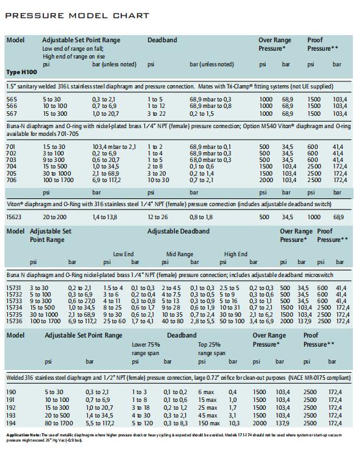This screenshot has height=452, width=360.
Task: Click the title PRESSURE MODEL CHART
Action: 77,16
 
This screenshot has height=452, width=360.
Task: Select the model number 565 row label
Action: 12,100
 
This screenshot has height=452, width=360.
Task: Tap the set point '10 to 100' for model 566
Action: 55,106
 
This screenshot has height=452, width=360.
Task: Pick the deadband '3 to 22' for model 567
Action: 157,114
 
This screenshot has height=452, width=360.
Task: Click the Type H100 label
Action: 21,72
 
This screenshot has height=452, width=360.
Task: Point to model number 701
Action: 11,147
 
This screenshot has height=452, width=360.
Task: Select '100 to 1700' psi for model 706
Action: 58,180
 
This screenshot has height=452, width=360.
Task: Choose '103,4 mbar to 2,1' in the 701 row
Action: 114,147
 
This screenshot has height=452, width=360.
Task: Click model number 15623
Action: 14,217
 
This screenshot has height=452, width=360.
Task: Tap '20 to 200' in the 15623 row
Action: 55,217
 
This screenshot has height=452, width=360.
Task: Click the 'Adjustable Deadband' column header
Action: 179,231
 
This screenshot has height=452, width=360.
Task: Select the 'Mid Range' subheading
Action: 180,254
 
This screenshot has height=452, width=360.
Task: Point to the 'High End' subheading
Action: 236,254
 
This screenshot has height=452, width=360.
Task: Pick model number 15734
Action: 14,308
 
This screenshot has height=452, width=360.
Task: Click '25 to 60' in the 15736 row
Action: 114,321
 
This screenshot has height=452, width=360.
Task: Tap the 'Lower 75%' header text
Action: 146,345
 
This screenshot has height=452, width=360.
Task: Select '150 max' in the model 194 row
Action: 209,423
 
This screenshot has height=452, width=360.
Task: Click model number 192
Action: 11,408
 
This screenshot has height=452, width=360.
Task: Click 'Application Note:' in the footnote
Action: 23,435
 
